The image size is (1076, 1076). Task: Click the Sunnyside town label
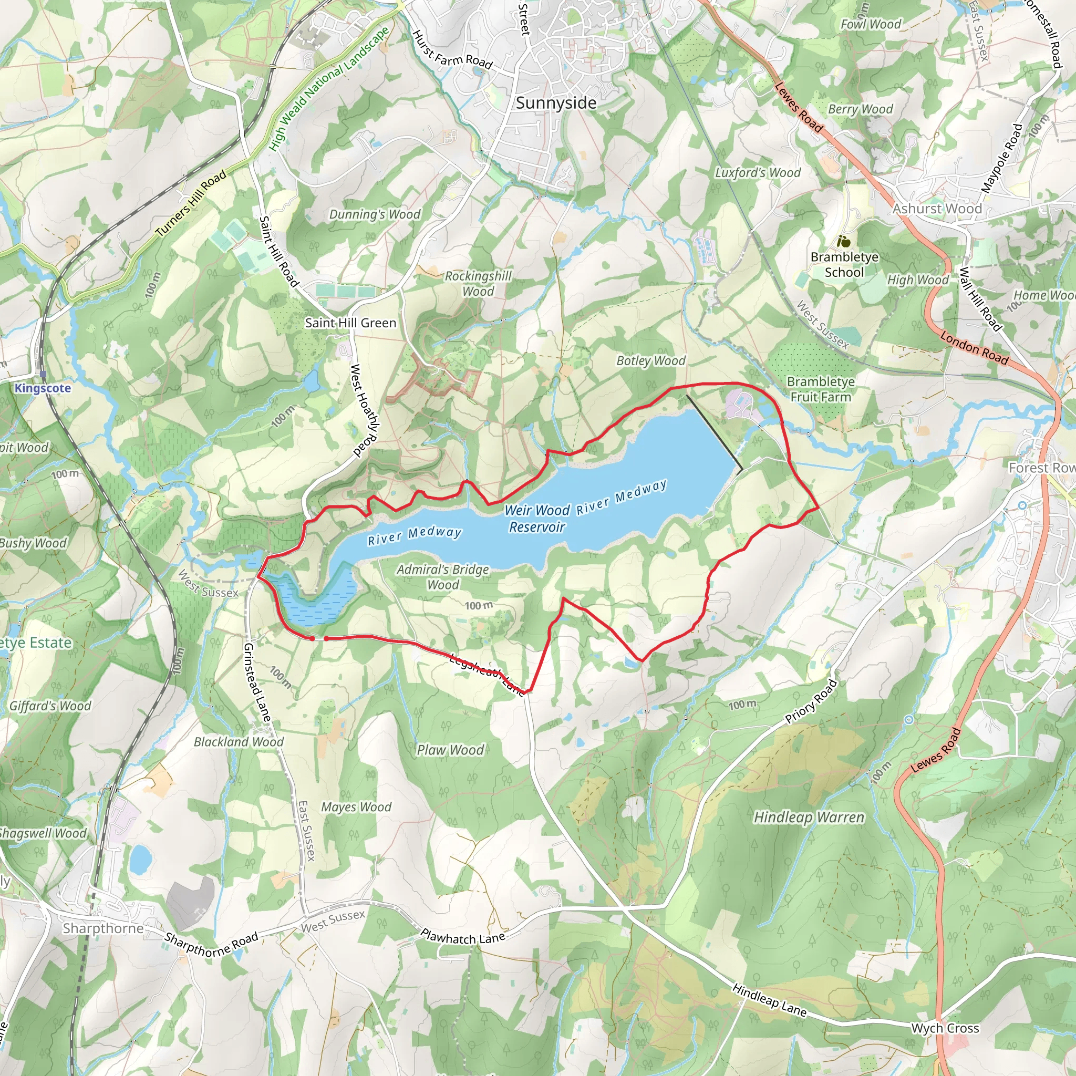[x=556, y=103]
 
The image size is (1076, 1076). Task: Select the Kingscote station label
[x=43, y=388]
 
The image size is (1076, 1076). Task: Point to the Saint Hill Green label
[x=350, y=323]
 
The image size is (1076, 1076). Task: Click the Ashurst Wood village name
[x=937, y=209]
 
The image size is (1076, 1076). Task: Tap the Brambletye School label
[x=844, y=265]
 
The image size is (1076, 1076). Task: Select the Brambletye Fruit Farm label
[x=820, y=389]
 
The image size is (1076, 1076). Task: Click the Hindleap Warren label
[x=809, y=818]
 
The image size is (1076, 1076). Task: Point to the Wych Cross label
[x=945, y=1028]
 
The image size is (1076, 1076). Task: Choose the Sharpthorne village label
[x=103, y=928]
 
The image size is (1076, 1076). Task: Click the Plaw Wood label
[x=451, y=750]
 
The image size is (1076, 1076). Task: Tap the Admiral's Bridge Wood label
[x=443, y=577]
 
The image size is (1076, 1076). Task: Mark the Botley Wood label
[x=650, y=361]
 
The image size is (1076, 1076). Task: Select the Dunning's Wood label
[x=374, y=214]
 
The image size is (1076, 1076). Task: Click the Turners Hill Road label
[x=191, y=203]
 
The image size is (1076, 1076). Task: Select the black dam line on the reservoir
[x=714, y=433]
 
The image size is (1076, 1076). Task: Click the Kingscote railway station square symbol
[x=43, y=375]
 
